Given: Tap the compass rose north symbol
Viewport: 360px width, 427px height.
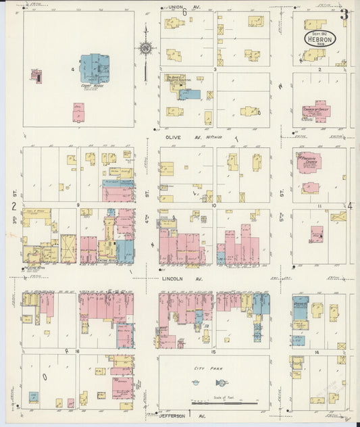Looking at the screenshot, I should pos(145,48).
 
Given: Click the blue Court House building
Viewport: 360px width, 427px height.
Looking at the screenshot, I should pos(99,68).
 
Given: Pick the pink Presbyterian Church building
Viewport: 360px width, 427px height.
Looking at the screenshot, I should pos(309,162).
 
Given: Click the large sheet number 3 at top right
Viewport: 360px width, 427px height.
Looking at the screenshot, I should pos(344,14).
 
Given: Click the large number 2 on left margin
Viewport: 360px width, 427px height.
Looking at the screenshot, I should pos(14,205).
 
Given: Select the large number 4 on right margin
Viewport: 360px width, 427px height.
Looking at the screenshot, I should pos(350,205).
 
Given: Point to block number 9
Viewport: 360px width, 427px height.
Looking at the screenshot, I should pos(78,205).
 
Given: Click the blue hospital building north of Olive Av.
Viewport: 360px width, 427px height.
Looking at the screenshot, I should pos(190,95).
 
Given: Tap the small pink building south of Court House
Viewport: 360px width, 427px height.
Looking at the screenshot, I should pos(78,112).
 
